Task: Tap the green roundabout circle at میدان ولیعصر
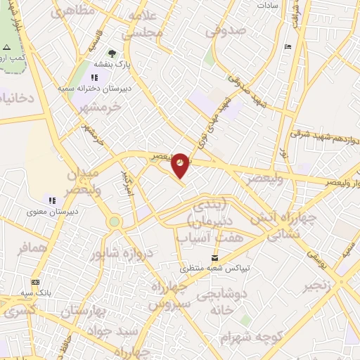[114, 222]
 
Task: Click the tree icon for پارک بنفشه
[111, 53]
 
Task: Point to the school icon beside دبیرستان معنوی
[51, 200]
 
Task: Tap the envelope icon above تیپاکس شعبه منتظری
[214, 257]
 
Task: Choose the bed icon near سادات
[288, 46]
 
